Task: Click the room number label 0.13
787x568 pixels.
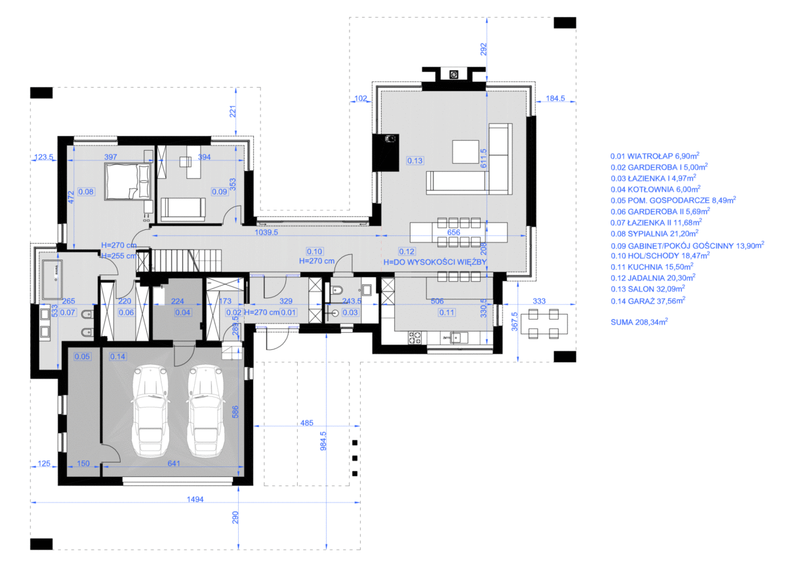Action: point(415,161)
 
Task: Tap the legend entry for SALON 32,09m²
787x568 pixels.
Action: point(647,289)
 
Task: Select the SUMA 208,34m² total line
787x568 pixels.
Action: point(639,322)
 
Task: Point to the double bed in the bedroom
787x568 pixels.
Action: point(129,181)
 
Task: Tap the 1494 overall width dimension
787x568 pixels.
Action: point(195,499)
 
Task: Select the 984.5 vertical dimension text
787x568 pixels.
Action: point(323,441)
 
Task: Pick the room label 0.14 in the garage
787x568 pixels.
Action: point(117,356)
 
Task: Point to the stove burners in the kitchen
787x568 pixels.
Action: point(414,337)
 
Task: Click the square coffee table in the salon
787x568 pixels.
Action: point(466,151)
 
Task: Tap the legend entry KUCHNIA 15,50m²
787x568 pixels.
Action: point(652,267)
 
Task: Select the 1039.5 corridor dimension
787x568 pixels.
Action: point(266,233)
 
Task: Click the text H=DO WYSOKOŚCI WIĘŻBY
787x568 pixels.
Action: point(435,262)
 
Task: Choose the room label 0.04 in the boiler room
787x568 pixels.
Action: point(183,312)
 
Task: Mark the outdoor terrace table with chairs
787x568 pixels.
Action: point(544,324)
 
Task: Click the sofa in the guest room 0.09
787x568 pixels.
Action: point(183,210)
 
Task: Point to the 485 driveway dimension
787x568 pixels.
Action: point(307,423)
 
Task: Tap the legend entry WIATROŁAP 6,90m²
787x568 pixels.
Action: point(655,156)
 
